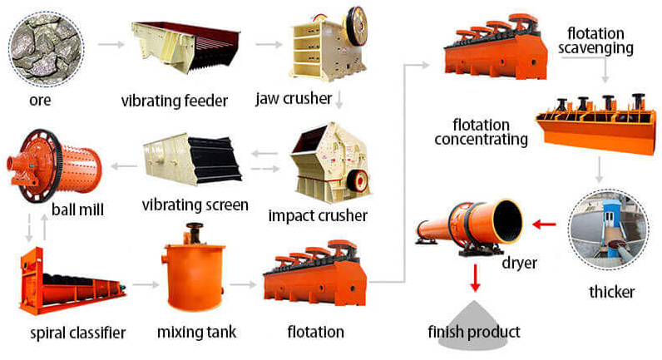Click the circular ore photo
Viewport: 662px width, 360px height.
(x=46, y=49)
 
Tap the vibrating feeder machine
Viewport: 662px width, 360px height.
(x=185, y=47)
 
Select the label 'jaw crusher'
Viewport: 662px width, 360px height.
(x=294, y=98)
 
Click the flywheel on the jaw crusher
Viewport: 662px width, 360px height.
(x=357, y=26)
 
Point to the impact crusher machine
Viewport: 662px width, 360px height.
(x=329, y=162)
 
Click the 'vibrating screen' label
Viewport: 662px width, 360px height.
(x=195, y=205)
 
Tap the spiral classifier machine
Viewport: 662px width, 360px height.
(x=71, y=281)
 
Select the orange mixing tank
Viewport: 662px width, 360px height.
(x=194, y=270)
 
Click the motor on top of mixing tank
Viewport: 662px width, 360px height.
(x=194, y=233)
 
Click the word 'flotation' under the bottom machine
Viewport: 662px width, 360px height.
(x=316, y=332)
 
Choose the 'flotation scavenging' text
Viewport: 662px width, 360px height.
(x=595, y=41)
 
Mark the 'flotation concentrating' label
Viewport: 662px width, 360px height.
(x=482, y=132)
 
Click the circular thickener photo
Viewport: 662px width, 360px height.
(x=608, y=229)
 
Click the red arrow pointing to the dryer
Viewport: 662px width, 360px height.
(x=544, y=224)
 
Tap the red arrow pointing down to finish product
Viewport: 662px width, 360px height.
(x=476, y=278)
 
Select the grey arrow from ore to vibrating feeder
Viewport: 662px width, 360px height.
(x=111, y=44)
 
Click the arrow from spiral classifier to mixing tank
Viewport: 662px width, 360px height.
(x=146, y=285)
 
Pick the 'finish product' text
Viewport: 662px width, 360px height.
(x=474, y=332)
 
